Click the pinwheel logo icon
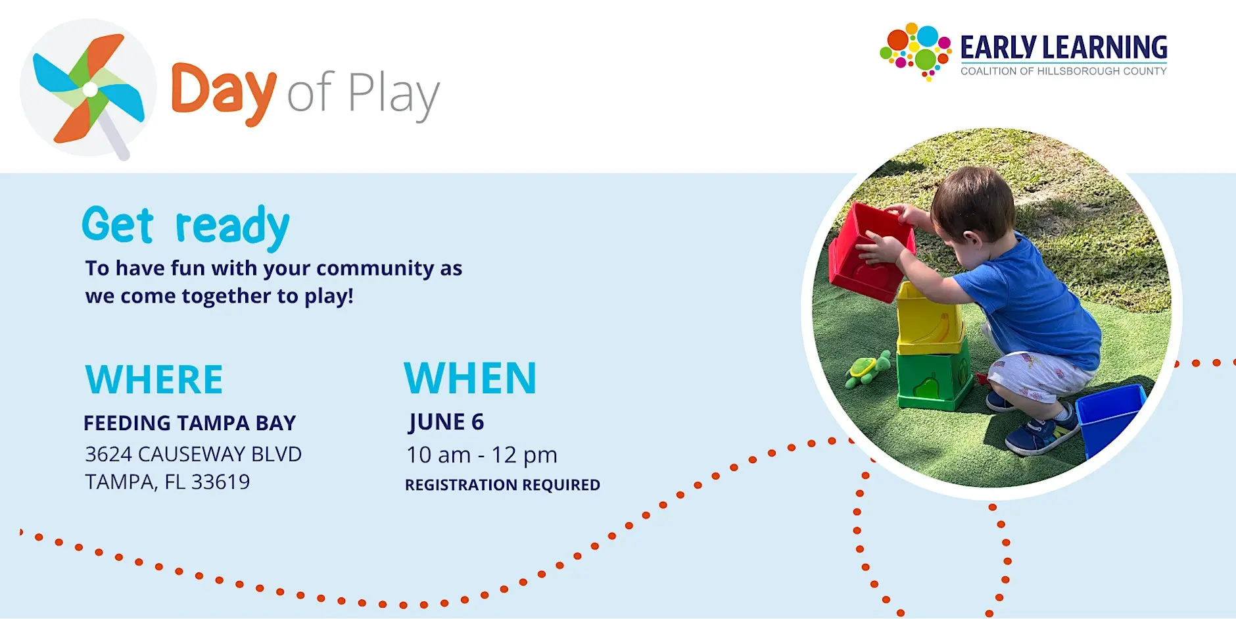(x=88, y=89)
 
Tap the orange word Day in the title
(x=224, y=93)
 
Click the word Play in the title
(x=393, y=96)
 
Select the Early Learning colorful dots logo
(x=915, y=51)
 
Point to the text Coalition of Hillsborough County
(x=1063, y=71)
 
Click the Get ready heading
(x=185, y=227)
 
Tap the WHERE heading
(x=154, y=380)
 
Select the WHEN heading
(x=470, y=378)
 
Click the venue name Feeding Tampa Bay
(x=189, y=423)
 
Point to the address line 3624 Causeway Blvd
(x=193, y=454)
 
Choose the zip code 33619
(x=220, y=482)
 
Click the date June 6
(x=446, y=422)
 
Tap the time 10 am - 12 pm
(x=482, y=455)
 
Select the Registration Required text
(x=502, y=485)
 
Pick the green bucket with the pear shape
(x=934, y=380)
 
